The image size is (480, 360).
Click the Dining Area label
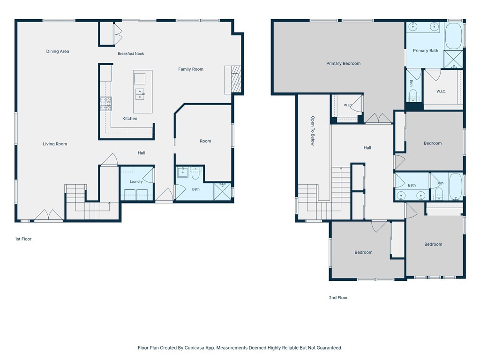58,52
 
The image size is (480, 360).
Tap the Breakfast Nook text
131,53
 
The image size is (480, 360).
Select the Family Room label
191,69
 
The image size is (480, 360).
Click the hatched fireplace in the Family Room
236,80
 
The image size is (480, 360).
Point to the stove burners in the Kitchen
105,104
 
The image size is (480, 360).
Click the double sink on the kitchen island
140,94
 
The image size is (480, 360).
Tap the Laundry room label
136,181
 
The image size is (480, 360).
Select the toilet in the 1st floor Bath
195,173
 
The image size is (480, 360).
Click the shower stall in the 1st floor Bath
223,192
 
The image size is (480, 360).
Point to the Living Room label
55,144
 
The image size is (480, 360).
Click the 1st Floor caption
23,239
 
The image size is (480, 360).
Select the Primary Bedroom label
343,63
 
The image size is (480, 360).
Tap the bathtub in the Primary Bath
453,36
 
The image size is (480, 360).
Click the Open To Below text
313,131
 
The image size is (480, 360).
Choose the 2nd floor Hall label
367,148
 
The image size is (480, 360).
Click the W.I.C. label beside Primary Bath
441,91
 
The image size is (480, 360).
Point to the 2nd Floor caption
338,298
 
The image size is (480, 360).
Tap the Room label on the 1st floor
205,141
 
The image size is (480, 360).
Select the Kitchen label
130,119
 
